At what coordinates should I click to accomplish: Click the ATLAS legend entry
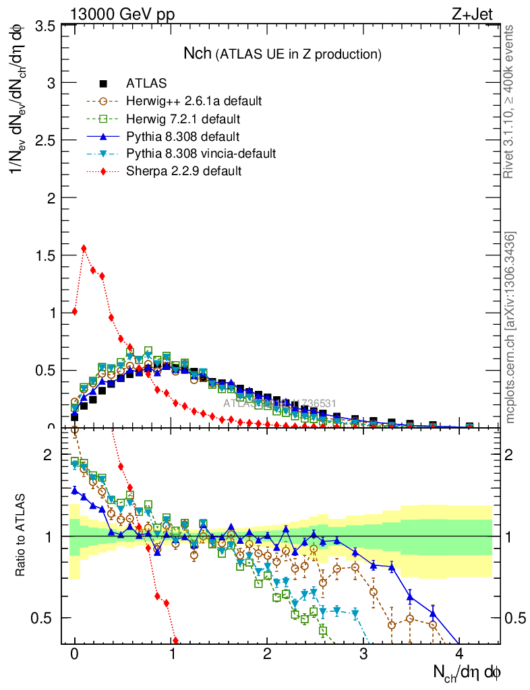(x=146, y=84)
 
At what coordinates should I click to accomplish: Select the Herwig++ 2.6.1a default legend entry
(x=194, y=102)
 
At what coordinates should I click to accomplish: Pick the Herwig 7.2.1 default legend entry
(x=183, y=119)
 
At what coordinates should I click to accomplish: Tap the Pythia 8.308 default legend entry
(x=182, y=137)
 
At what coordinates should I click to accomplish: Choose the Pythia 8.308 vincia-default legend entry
(x=200, y=154)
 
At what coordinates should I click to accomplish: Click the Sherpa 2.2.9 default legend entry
(x=183, y=171)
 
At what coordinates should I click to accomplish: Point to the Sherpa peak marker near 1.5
(x=84, y=248)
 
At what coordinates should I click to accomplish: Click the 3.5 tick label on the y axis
(x=45, y=26)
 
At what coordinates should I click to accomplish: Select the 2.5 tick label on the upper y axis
(x=45, y=141)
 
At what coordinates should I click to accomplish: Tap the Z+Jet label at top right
(x=479, y=12)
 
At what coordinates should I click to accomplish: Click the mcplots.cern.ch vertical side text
(x=510, y=327)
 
